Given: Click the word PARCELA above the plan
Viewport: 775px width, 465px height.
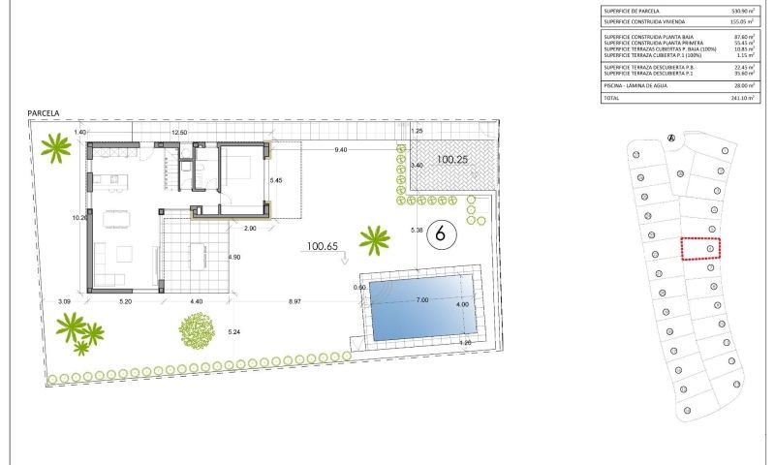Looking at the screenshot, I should click(44, 113).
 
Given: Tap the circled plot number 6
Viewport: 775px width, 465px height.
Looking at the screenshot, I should click(442, 233).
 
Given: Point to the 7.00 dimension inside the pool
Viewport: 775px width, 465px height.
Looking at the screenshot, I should click(422, 300).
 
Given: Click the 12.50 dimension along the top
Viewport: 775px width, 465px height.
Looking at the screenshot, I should click(179, 132).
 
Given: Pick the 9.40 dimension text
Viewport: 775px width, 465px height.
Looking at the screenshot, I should click(341, 150).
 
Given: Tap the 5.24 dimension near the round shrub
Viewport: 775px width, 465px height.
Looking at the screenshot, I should click(232, 332).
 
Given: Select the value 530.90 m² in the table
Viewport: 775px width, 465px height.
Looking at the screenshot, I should click(739, 11).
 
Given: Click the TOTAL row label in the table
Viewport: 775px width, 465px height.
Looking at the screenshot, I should click(612, 99).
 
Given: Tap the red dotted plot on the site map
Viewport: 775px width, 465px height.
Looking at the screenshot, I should click(701, 249).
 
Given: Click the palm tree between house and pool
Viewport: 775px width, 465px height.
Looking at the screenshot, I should click(373, 237).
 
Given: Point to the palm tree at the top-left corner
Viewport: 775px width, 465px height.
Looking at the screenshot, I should click(56, 147).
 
